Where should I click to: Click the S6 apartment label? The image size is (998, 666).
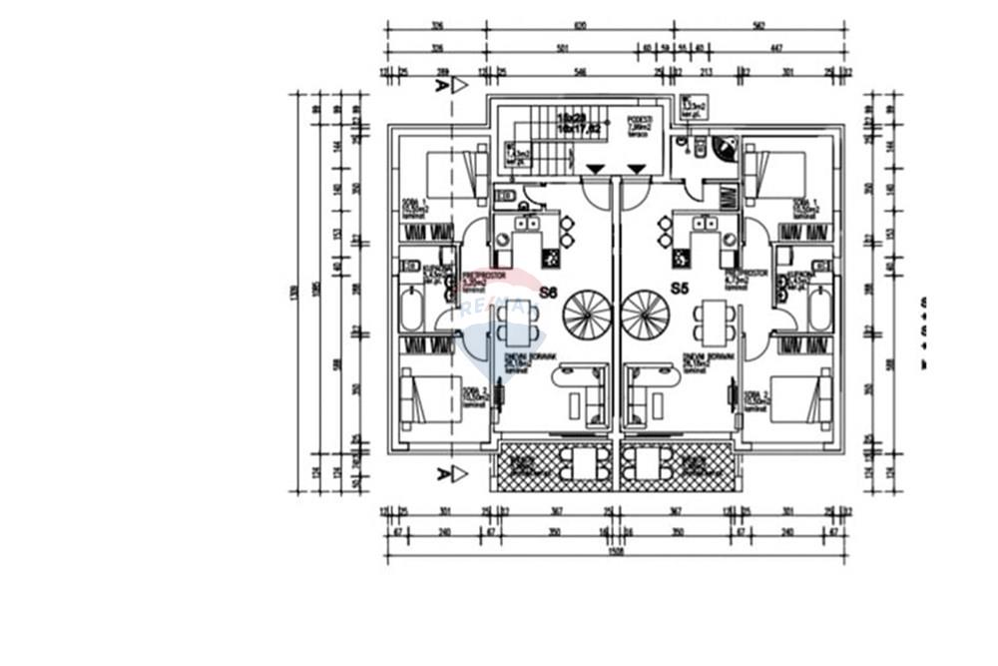[x=547, y=293]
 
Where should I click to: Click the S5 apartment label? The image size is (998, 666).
[x=680, y=289]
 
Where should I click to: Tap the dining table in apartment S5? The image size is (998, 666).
[x=714, y=323]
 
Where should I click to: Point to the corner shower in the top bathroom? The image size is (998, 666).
[x=726, y=150]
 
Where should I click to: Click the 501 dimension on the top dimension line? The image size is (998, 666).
[x=562, y=47]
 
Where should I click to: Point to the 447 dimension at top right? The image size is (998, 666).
[x=775, y=47]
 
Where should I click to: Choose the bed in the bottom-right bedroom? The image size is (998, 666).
[x=799, y=397]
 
